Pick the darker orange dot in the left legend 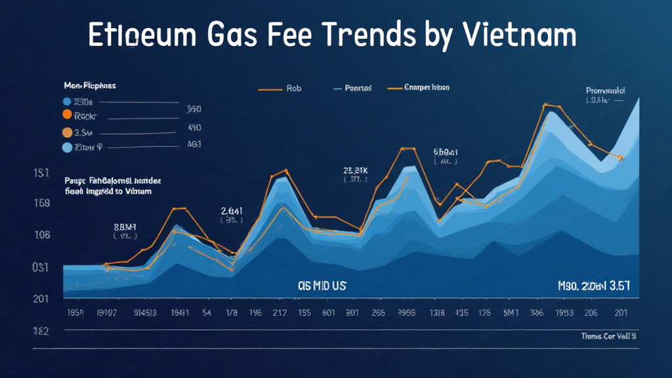coord(67,115)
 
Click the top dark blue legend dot coord(67,102)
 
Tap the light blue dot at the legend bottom coord(67,148)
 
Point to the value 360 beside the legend coord(194,109)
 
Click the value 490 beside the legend coord(194,127)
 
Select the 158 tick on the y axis coord(41,203)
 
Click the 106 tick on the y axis coord(41,235)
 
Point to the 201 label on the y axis coord(41,299)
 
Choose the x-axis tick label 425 coord(461,313)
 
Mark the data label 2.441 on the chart coord(231,211)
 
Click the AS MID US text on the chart coord(322,286)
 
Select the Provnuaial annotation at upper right coord(605,91)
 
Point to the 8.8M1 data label coord(125,226)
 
